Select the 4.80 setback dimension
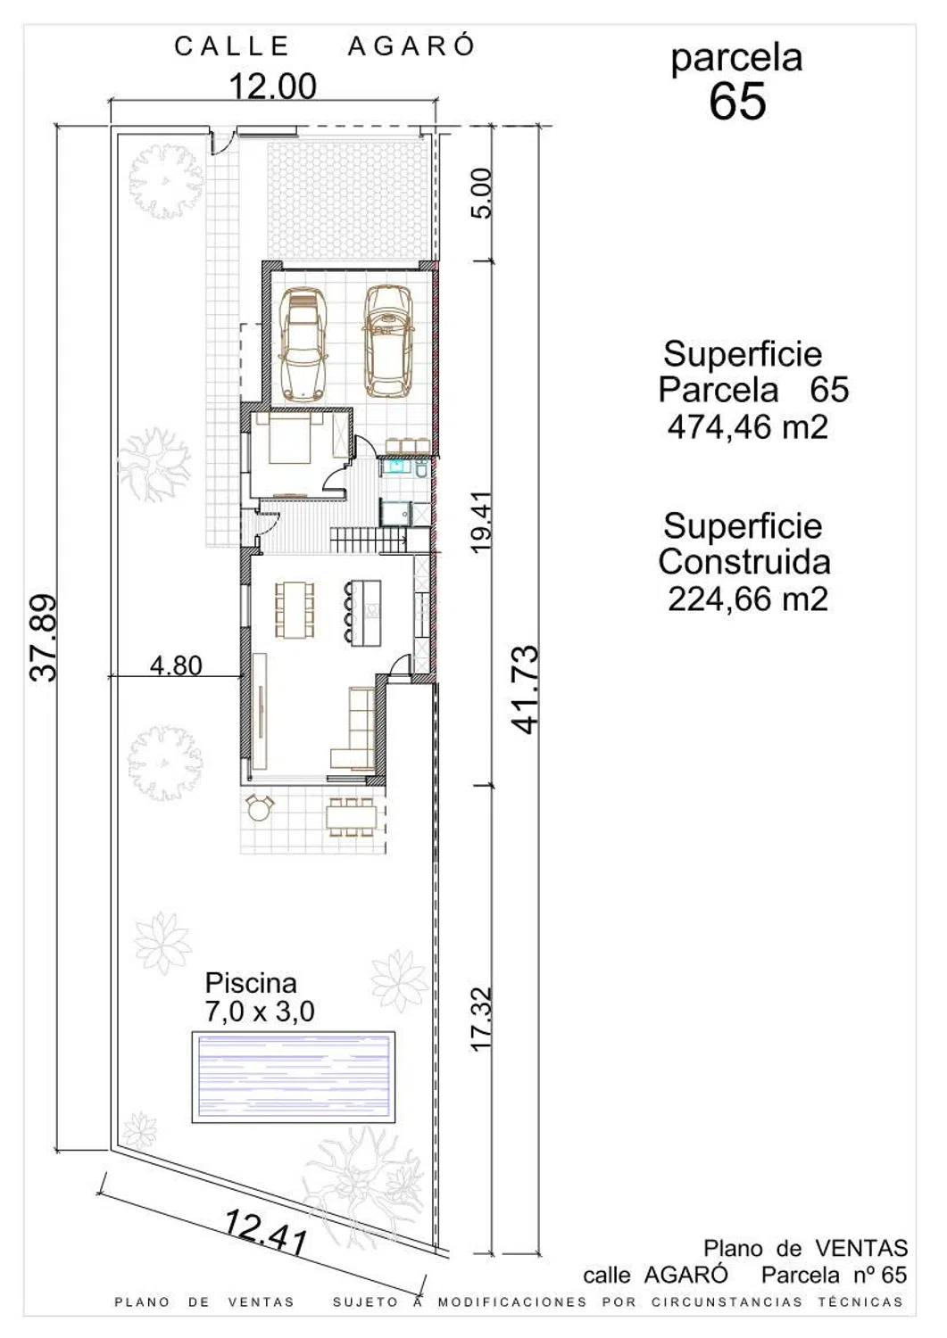coord(176,665)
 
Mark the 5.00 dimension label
coord(483,194)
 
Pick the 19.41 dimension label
coord(483,523)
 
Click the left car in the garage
coord(303,344)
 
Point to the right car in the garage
coord(389,341)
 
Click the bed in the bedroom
coord(290,440)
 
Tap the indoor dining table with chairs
coord(295,610)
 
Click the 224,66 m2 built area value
coord(748,599)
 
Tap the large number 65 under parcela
coord(737,101)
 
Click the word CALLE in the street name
coord(232,46)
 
